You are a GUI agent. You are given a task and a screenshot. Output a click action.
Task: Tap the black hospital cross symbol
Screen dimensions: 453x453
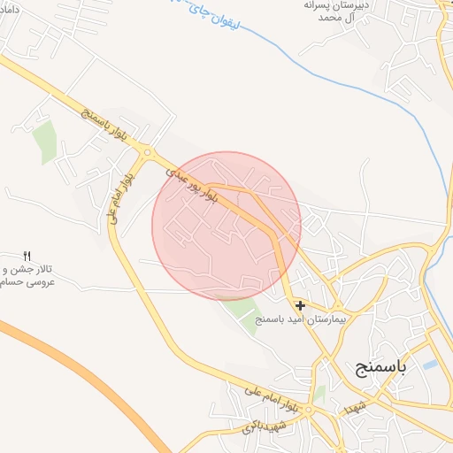pyautogui.click(x=301, y=305)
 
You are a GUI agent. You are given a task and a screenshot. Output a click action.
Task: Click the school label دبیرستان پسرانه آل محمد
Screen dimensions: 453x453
pyautogui.click(x=333, y=12)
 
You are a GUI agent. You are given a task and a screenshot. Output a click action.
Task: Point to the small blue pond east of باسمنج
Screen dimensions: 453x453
pyautogui.click(x=430, y=365)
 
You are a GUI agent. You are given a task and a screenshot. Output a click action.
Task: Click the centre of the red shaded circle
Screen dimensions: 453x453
pyautogui.click(x=226, y=226)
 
